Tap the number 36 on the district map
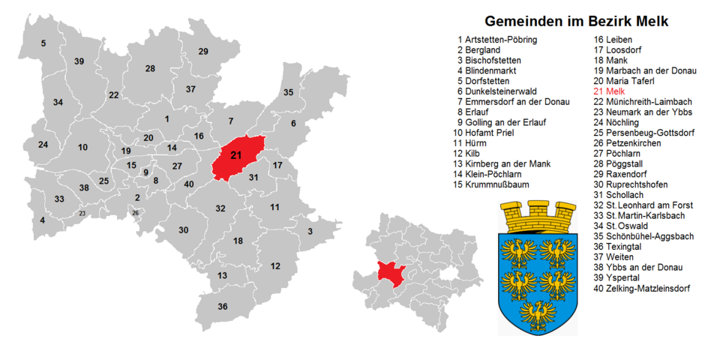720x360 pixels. coord(222,307)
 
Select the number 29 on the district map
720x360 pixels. coord(202,52)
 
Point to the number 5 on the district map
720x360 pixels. coord(43,43)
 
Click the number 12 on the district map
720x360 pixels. coord(275,266)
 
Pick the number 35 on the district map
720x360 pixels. coord(288,92)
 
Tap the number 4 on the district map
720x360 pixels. coord(42,220)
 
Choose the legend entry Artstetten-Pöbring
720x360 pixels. coord(500,40)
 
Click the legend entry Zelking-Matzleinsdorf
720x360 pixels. coord(641,288)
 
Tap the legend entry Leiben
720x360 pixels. coord(613,40)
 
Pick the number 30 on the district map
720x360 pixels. coord(184,230)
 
